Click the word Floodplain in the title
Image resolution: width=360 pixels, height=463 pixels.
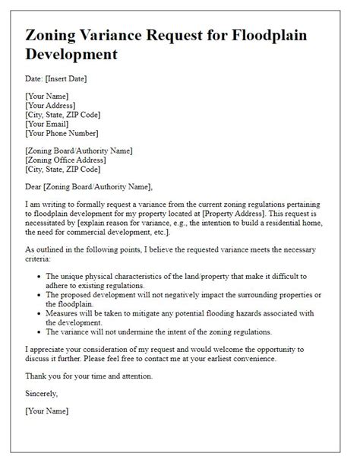click(283, 34)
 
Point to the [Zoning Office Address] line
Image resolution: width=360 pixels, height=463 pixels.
click(71, 160)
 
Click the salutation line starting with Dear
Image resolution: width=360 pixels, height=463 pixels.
click(89, 187)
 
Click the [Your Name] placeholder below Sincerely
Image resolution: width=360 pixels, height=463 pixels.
click(47, 411)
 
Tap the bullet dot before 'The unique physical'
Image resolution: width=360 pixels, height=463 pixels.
click(37, 277)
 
